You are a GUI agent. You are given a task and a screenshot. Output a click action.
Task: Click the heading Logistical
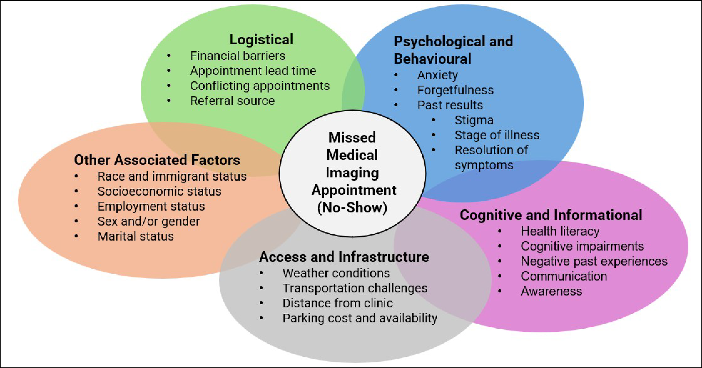point(261,39)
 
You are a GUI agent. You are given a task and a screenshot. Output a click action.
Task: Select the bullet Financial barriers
point(237,56)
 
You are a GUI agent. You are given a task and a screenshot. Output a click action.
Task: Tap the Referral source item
point(232,101)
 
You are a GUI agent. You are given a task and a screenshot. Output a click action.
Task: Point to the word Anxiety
point(437,75)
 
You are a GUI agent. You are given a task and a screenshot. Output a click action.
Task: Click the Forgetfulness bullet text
point(455,90)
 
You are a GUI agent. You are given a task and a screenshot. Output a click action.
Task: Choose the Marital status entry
point(135,236)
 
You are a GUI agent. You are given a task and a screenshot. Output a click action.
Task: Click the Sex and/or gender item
point(149,221)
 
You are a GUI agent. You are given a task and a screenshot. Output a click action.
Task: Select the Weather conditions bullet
point(336,273)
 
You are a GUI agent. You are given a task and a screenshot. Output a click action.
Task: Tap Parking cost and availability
point(360,318)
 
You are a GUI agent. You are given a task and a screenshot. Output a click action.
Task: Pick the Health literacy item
point(560,231)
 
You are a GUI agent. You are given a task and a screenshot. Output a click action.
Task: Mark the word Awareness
point(551,291)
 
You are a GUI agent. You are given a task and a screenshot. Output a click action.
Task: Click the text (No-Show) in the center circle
point(352,207)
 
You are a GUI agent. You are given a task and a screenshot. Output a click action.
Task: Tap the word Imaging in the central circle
point(352,173)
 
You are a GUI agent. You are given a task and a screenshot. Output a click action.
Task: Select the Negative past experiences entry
point(594,261)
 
